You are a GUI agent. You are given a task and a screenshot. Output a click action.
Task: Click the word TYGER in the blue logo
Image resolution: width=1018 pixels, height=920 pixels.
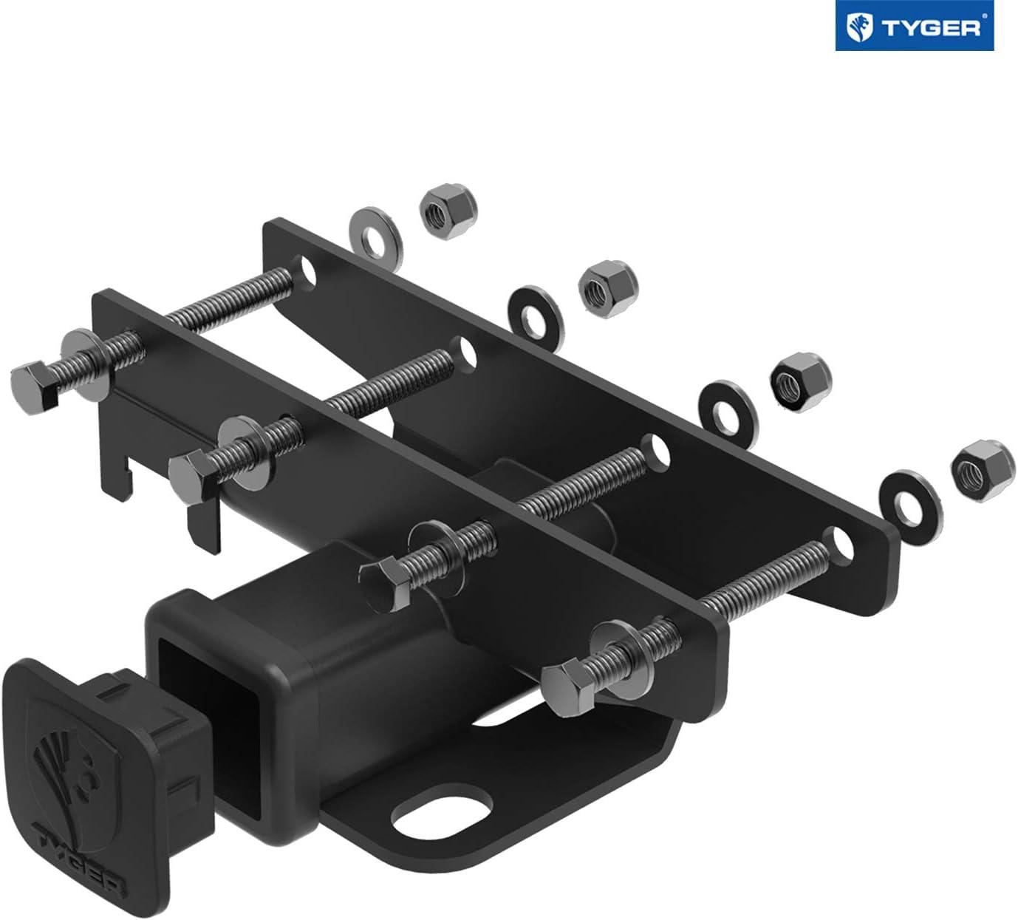coord(932,29)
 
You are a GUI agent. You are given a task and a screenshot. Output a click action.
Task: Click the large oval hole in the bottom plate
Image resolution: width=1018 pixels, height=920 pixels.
coord(442,811)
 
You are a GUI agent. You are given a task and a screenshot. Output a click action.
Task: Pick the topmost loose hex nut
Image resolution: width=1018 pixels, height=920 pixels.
coord(445,210)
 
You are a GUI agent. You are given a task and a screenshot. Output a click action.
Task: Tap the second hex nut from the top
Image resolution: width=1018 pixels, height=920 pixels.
coord(608,290)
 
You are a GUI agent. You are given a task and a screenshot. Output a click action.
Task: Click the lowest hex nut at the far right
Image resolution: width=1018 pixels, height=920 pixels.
coord(983,471)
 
